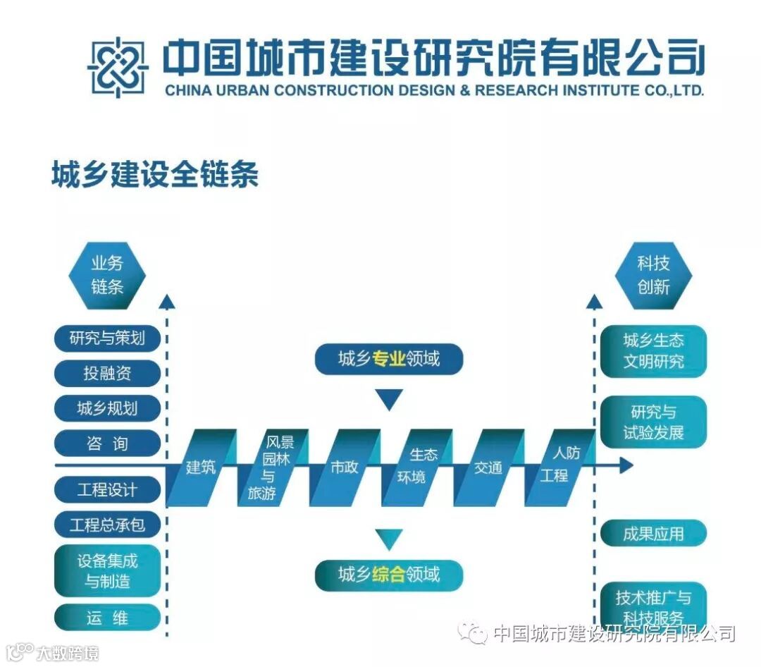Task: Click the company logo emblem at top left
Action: (x=118, y=67)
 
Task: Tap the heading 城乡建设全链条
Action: (x=155, y=175)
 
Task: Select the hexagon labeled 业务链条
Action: (x=107, y=275)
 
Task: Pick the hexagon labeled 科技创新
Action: (x=653, y=275)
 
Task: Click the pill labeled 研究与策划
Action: (x=107, y=338)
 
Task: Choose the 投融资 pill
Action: (x=107, y=373)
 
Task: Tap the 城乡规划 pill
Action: (x=107, y=408)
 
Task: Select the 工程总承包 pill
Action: (x=107, y=525)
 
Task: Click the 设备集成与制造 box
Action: (x=107, y=571)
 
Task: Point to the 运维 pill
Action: (x=107, y=618)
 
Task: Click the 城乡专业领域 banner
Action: (x=389, y=359)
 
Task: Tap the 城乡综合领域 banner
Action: (x=389, y=574)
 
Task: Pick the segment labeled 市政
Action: (x=345, y=467)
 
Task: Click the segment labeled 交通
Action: (x=488, y=467)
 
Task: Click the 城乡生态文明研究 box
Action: (x=653, y=351)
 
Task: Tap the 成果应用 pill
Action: (x=653, y=534)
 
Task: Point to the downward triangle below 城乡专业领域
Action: (x=389, y=399)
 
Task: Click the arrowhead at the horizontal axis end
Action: (x=624, y=465)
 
